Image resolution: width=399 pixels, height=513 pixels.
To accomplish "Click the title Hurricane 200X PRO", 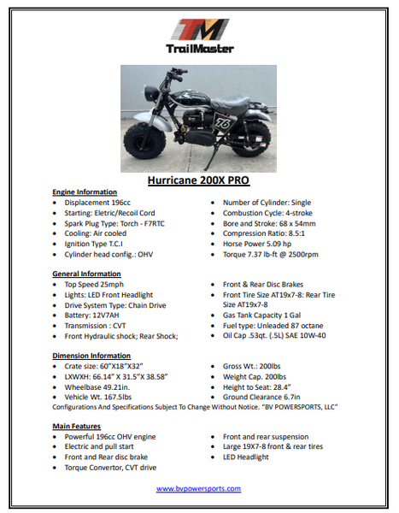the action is [198, 181].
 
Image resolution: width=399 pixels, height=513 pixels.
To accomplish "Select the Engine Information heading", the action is [85, 192].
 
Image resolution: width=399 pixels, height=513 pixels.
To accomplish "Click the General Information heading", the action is [86, 273].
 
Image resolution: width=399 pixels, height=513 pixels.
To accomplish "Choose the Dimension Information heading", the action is [91, 355].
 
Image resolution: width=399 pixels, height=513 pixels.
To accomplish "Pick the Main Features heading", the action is [78, 425].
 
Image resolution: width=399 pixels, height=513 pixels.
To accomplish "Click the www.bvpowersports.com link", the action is [198, 488].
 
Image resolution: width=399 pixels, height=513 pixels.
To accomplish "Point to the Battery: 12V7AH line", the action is [94, 315].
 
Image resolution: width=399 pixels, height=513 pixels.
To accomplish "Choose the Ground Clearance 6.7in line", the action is [265, 396].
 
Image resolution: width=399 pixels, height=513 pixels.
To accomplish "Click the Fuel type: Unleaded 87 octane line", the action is [273, 324].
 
